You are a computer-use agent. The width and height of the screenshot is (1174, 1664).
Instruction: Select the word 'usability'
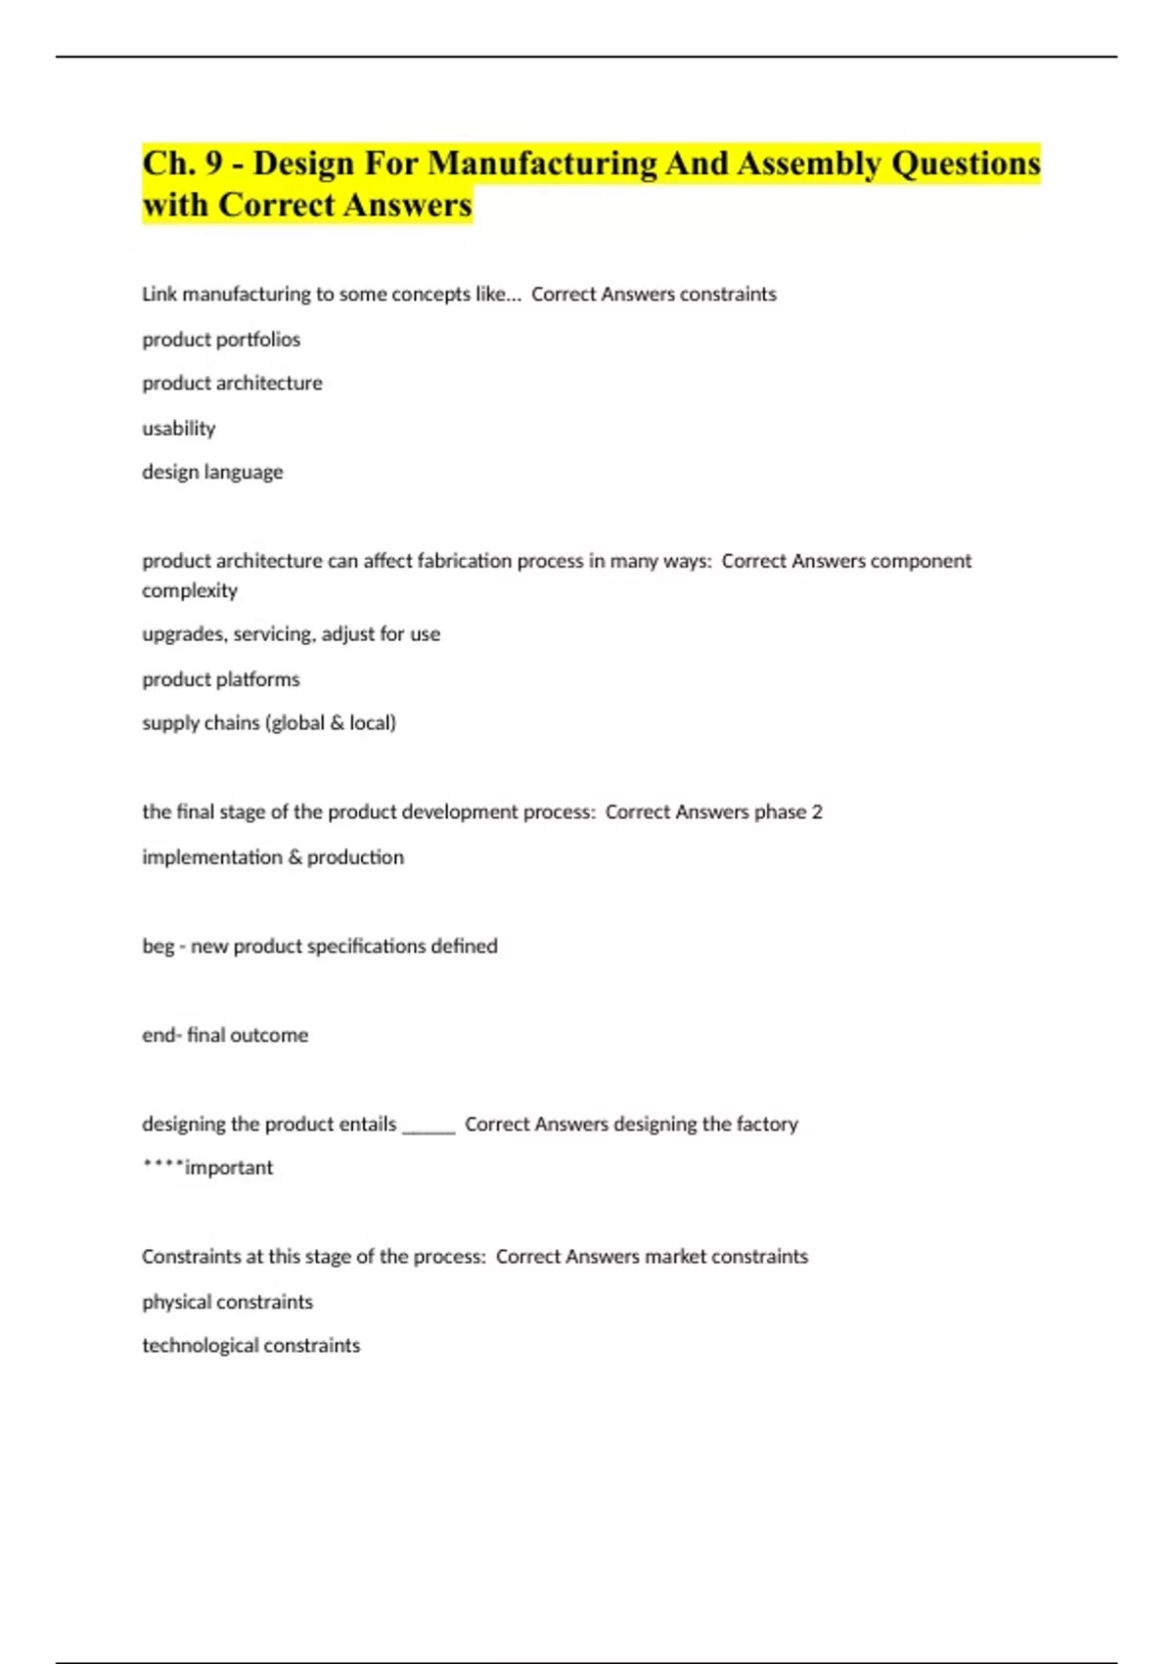[179, 428]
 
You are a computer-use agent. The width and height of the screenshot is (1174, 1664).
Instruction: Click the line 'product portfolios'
[221, 340]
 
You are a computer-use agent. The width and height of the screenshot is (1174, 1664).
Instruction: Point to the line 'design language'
[212, 472]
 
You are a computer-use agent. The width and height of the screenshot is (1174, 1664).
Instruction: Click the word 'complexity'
[190, 590]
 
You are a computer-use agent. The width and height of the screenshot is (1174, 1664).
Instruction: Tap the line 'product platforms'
[221, 679]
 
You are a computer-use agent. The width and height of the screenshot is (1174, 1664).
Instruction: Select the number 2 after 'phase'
[817, 812]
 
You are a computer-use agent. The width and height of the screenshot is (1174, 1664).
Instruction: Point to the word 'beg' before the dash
[158, 947]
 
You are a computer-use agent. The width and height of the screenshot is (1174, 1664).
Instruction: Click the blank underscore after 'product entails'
[429, 1126]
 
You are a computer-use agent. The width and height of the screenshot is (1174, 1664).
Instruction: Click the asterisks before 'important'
[162, 1165]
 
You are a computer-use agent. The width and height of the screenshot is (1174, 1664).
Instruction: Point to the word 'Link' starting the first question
[159, 295]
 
